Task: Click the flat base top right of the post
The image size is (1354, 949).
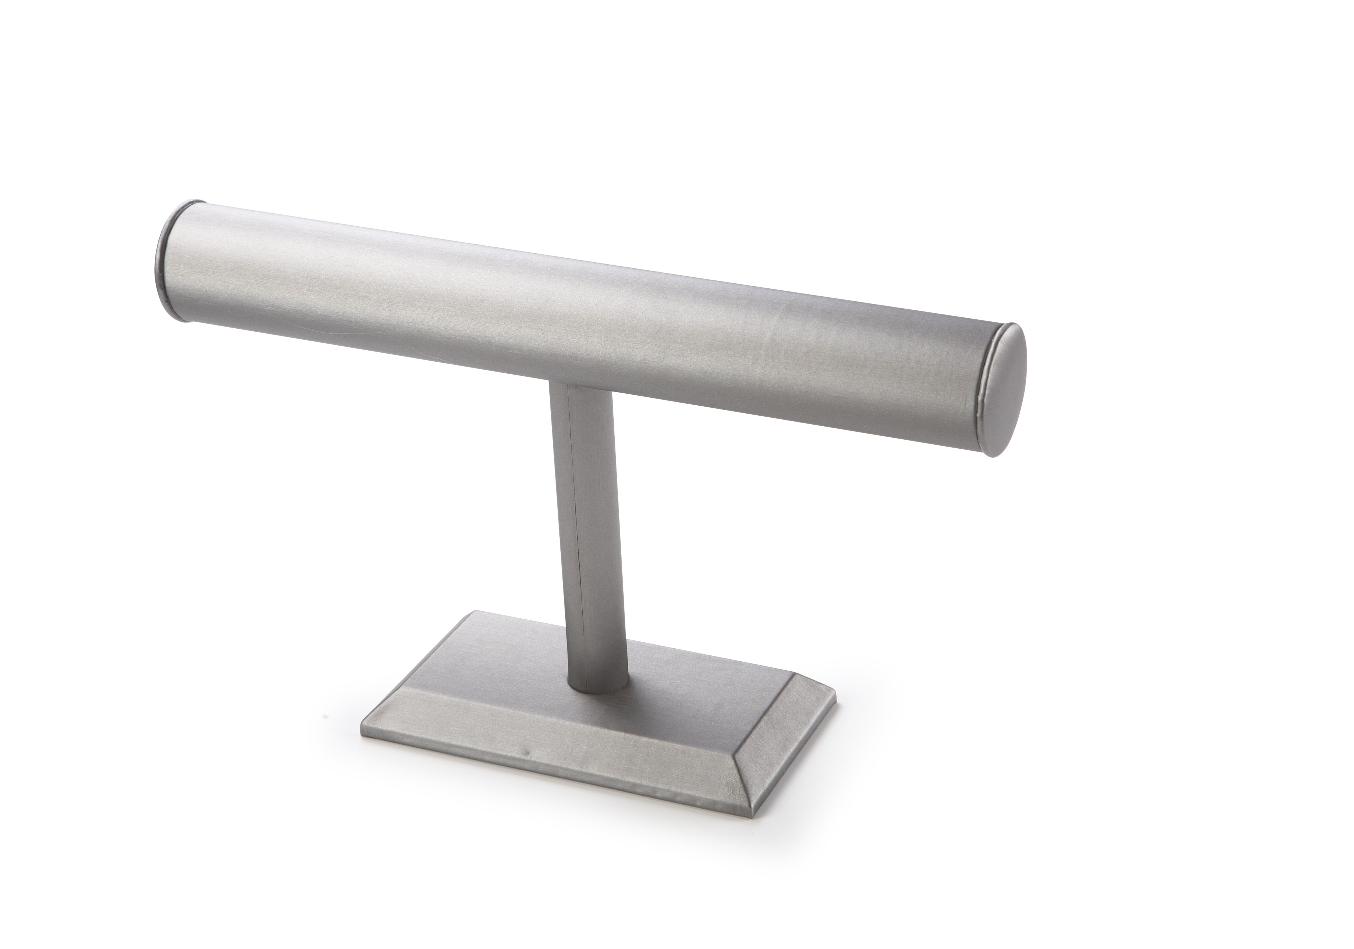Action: (x=696, y=690)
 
